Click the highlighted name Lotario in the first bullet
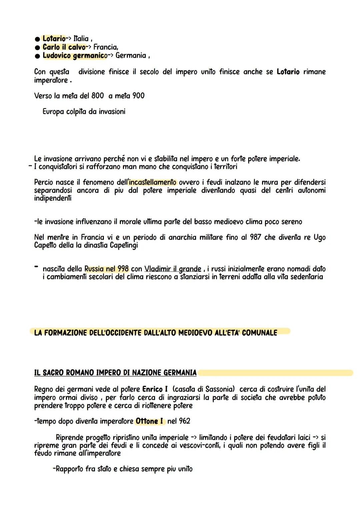point(54,39)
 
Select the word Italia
point(81,39)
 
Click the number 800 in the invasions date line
point(98,96)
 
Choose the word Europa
point(53,112)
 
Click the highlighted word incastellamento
point(153,182)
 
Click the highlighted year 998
point(123,269)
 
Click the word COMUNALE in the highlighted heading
point(260,333)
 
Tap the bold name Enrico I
point(155,389)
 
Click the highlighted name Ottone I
point(149,421)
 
